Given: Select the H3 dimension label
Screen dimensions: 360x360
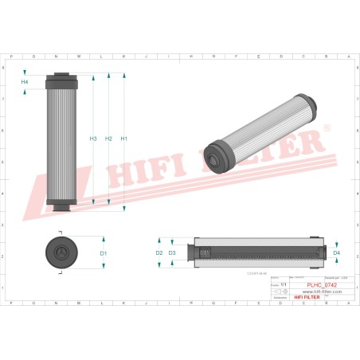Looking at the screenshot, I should [x=93, y=139].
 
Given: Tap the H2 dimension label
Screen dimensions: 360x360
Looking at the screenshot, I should [x=108, y=139].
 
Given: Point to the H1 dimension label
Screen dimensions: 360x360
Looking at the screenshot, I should [x=123, y=139].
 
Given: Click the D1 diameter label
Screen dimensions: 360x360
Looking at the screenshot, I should [x=104, y=253].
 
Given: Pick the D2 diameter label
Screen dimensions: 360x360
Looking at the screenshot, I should [x=159, y=253].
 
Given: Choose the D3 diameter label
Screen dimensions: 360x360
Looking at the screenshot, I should [x=172, y=253].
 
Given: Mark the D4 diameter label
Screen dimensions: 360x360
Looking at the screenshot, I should [x=336, y=253].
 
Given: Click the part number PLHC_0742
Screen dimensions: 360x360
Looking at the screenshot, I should [x=322, y=284].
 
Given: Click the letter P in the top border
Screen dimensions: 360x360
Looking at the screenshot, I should [x=12, y=57].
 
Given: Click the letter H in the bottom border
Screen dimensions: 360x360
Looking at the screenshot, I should [x=191, y=303].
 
